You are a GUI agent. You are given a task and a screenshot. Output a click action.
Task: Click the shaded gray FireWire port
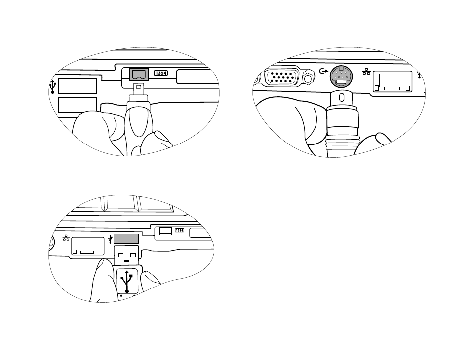(139, 74)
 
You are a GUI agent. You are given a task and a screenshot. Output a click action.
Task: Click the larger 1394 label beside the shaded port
(161, 73)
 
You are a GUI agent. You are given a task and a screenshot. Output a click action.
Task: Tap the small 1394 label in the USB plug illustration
(179, 230)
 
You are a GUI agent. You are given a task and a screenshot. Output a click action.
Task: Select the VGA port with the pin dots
(282, 77)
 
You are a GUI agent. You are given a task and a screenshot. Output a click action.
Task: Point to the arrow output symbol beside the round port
(323, 72)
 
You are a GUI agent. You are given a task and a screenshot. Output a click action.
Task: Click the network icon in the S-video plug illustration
(366, 72)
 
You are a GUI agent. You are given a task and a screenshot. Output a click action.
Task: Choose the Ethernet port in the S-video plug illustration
(393, 81)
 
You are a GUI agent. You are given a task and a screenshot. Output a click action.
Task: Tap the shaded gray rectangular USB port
(126, 238)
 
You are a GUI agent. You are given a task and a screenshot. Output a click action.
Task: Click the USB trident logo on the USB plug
(127, 282)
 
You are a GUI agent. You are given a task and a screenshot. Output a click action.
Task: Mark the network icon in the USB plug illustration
(66, 238)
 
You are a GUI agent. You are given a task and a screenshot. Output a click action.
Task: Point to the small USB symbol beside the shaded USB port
(110, 239)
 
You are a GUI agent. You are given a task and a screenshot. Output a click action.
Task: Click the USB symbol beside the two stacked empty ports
(53, 87)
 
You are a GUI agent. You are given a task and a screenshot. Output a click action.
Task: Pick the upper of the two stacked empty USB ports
(77, 86)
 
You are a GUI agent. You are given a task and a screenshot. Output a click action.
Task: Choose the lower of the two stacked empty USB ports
(77, 105)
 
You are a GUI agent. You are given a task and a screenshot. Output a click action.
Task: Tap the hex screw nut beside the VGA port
(308, 79)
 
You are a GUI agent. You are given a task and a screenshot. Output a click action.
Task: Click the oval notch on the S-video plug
(342, 98)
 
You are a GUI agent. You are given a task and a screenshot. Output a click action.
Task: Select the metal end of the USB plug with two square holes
(127, 255)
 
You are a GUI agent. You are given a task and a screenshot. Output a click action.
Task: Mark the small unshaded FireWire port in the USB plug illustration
(165, 231)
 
